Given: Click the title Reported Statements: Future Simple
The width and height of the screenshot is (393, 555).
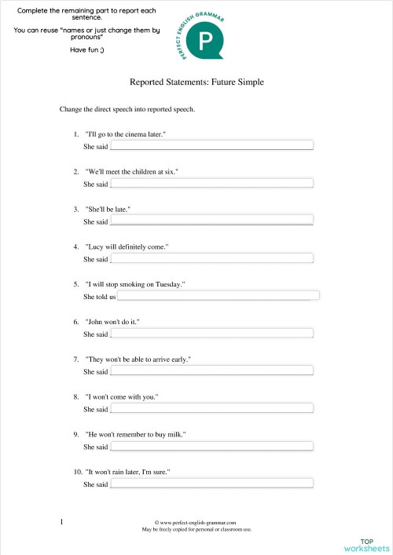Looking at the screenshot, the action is [196, 81].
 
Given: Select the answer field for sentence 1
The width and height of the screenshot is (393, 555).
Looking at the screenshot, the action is [211, 145].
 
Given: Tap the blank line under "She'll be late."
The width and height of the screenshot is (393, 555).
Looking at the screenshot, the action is [211, 221].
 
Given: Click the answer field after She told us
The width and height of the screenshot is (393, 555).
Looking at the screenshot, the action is [218, 296].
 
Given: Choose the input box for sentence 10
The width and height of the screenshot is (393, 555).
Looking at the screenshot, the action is [211, 484].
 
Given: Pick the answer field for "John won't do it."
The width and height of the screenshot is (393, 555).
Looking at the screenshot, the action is [211, 334].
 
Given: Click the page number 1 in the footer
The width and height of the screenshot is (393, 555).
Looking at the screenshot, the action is [61, 521].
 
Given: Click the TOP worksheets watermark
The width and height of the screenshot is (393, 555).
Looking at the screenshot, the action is [366, 545].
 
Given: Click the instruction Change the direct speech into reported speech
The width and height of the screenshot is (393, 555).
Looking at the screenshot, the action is [127, 109].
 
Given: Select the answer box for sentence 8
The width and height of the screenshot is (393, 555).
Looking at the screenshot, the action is [211, 409].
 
